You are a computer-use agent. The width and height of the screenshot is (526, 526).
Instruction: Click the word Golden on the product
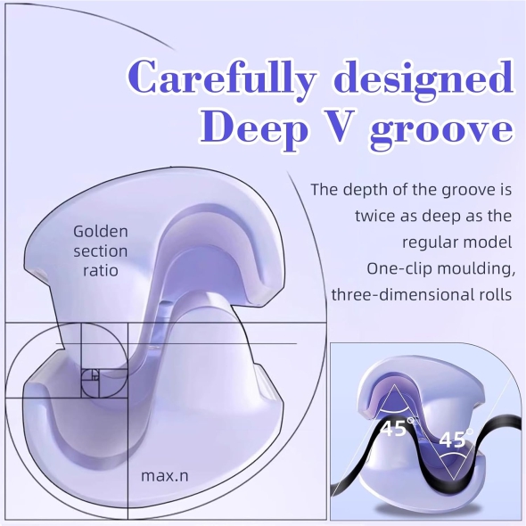101,232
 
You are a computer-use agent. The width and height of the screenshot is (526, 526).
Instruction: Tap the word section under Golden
101,251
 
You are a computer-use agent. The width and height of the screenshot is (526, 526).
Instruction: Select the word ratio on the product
101,270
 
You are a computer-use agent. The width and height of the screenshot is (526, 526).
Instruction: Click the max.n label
165,476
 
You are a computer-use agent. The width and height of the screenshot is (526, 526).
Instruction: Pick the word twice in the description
375,216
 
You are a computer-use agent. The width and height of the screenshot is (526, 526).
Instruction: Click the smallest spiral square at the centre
95,376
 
